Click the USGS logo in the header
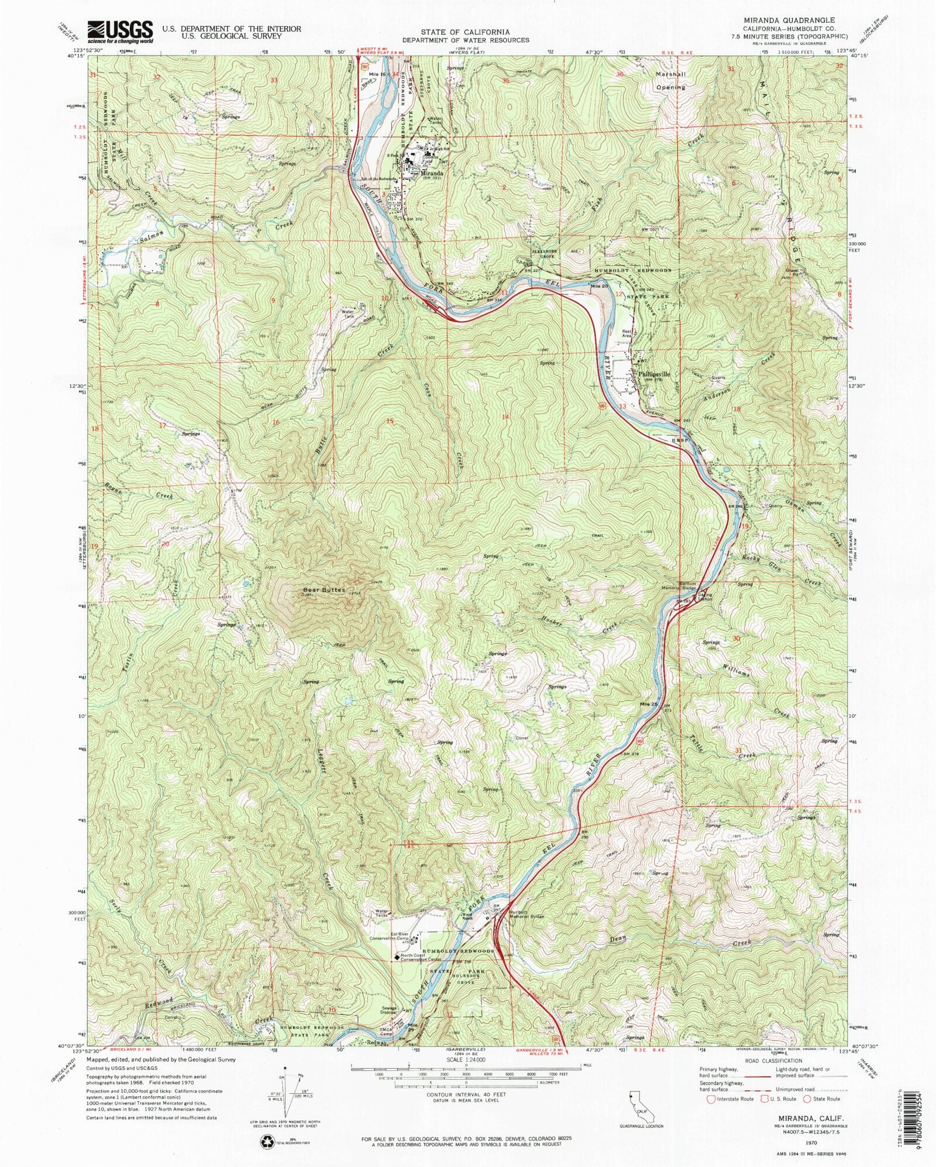pyautogui.click(x=120, y=32)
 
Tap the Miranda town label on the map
pyautogui.click(x=434, y=173)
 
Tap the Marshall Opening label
pyautogui.click(x=670, y=81)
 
